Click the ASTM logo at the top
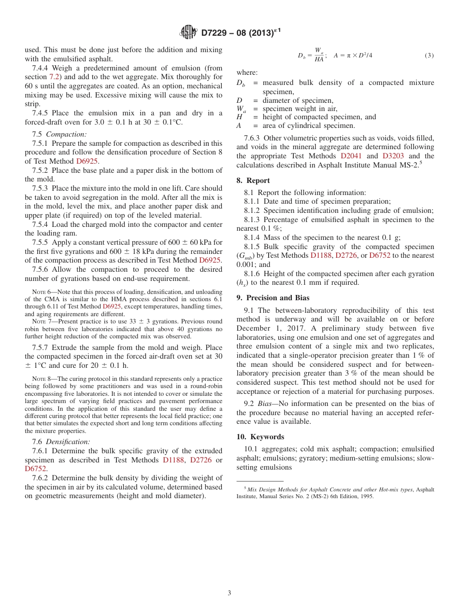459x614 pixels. pyautogui.click(x=188, y=32)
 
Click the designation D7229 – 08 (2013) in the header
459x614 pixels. pyautogui.click(x=238, y=33)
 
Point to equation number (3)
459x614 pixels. pyautogui.click(x=429, y=56)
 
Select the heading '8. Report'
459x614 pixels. pyautogui.click(x=253, y=181)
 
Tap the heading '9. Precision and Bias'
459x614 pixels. pyautogui.click(x=273, y=298)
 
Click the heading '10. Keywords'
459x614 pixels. pyautogui.click(x=260, y=437)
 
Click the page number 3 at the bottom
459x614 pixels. pyautogui.click(x=229, y=593)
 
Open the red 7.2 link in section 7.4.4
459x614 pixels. pyautogui.click(x=55, y=77)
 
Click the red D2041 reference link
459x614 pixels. pyautogui.click(x=351, y=156)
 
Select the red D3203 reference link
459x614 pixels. pyautogui.click(x=394, y=156)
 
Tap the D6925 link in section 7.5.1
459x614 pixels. pyautogui.click(x=87, y=161)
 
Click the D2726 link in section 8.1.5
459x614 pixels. pyautogui.click(x=346, y=255)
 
